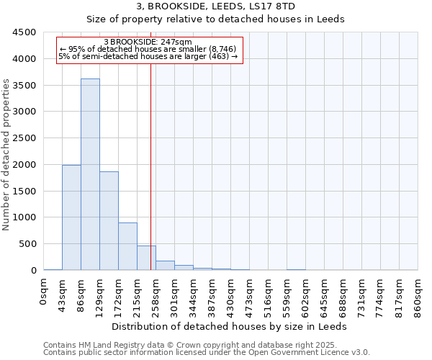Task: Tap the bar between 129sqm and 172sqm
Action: coord(109,220)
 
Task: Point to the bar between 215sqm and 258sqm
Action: coord(146,258)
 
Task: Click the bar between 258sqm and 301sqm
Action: coord(165,266)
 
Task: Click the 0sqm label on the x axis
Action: coord(44,292)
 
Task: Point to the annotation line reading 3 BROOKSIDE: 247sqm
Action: coord(148,42)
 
